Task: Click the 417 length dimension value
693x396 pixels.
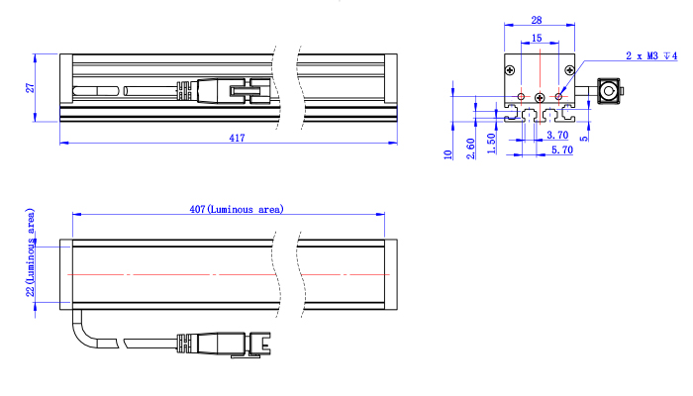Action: coord(237,138)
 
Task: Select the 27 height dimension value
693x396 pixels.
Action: coord(30,87)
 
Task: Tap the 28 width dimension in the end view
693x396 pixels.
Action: coord(537,20)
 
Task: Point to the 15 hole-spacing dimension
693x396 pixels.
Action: coord(537,38)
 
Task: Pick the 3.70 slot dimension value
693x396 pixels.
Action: coord(557,135)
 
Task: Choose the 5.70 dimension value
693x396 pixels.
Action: coord(562,149)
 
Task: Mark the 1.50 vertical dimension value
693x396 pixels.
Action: coord(491,144)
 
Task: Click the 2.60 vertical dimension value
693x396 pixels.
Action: coord(470,148)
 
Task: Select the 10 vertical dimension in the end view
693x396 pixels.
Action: coord(447,154)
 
